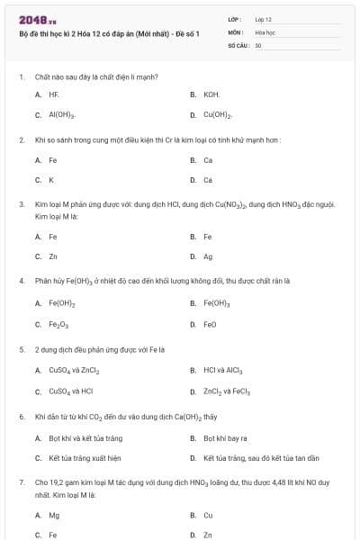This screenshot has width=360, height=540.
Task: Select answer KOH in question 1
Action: tap(211, 94)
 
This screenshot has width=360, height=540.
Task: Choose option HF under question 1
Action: tap(54, 94)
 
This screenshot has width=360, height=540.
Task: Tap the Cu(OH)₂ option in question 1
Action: tap(217, 115)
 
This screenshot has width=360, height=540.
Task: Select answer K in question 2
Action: tap(51, 179)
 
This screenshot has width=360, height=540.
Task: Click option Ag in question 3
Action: tap(208, 256)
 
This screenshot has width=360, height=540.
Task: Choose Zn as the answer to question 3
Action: tap(53, 256)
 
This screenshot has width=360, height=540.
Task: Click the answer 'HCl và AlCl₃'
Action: tap(223, 370)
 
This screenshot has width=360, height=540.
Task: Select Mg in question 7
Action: tap(54, 516)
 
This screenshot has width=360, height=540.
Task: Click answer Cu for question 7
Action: tap(208, 516)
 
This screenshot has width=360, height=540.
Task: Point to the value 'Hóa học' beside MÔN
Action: tap(265, 31)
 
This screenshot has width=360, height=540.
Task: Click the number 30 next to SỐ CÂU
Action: tap(258, 45)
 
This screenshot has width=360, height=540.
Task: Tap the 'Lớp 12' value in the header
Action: tap(263, 19)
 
